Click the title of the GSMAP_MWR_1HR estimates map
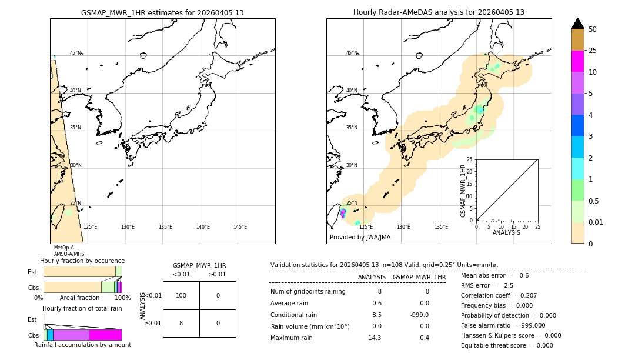coord(162,12)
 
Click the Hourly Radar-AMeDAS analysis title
coord(439,12)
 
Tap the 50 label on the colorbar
coord(593,29)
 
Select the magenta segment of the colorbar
coord(577,61)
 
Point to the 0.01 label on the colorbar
coord(596,222)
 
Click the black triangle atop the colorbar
coord(577,24)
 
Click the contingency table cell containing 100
coord(181,295)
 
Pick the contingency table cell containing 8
coord(181,323)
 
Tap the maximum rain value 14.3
coord(375,338)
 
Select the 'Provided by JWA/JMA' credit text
coord(360,238)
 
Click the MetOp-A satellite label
coord(64,248)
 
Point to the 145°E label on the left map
coord(240,227)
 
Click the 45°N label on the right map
coord(352,53)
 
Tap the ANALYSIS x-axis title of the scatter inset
coord(506,232)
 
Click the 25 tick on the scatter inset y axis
coord(470,159)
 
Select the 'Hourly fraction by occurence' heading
coord(82,261)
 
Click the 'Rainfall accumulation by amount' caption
coord(82,345)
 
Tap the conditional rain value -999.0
coord(419,315)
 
